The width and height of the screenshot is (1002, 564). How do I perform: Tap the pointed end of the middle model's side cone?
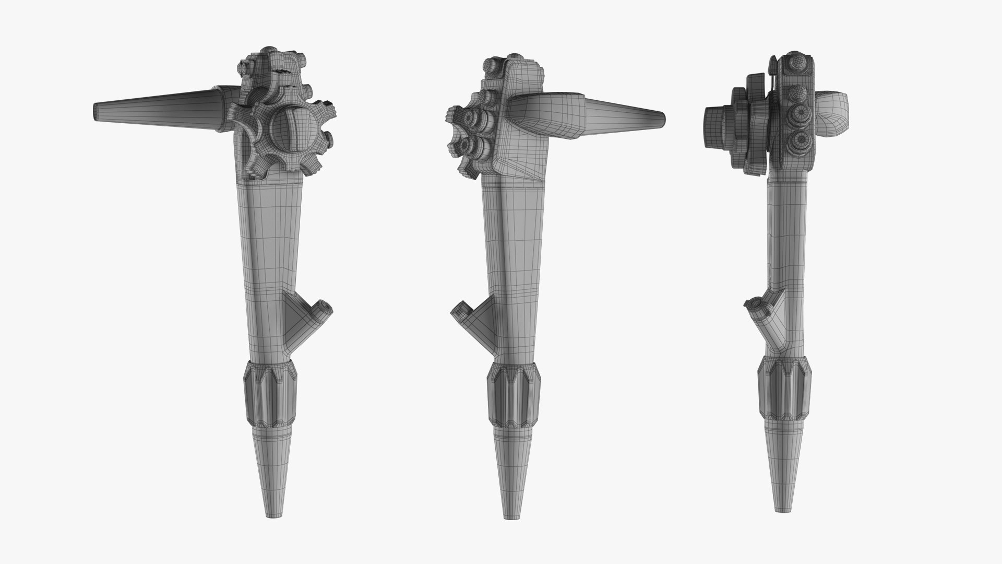pos(662,119)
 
